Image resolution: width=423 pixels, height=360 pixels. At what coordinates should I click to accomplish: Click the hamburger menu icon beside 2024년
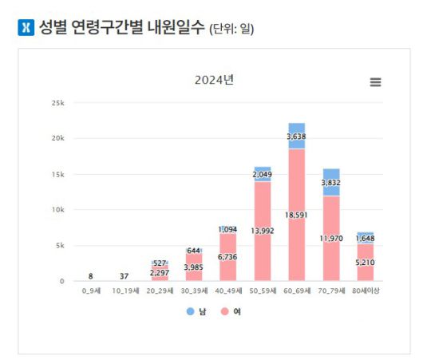(x=375, y=82)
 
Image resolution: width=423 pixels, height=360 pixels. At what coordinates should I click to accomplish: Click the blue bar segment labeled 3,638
(x=297, y=136)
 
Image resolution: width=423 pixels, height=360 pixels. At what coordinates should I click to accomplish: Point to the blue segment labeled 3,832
(x=331, y=182)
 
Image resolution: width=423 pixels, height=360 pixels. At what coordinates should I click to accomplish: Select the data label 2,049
(x=263, y=174)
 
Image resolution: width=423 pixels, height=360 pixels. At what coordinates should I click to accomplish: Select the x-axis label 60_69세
(x=297, y=292)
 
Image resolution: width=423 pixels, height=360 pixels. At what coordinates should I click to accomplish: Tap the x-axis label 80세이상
(x=366, y=292)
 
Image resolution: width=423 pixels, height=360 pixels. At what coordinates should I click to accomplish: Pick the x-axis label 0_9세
(x=91, y=292)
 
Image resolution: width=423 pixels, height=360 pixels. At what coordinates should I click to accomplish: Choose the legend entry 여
(x=231, y=311)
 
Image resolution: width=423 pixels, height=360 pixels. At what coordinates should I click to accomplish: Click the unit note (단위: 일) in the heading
(x=237, y=30)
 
